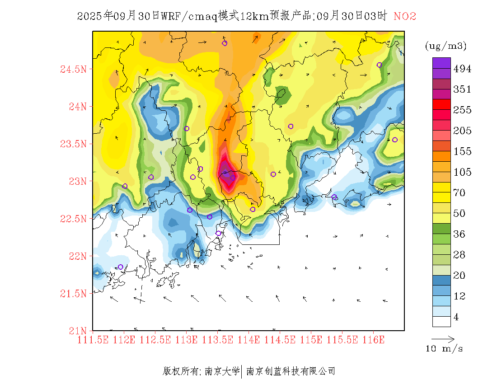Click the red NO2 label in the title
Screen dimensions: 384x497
[x=405, y=17]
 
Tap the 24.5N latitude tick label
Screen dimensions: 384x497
[x=73, y=70]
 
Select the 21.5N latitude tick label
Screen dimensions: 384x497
[x=73, y=294]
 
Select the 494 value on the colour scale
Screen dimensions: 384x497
[x=462, y=69]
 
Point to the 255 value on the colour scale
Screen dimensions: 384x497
[x=462, y=110]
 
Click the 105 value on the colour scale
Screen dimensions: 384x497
[x=462, y=172]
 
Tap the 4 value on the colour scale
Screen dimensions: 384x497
[x=456, y=317]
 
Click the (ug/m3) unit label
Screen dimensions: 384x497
[x=445, y=46]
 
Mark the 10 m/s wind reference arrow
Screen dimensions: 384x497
[x=443, y=338]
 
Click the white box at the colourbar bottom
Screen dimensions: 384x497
[x=441, y=321]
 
